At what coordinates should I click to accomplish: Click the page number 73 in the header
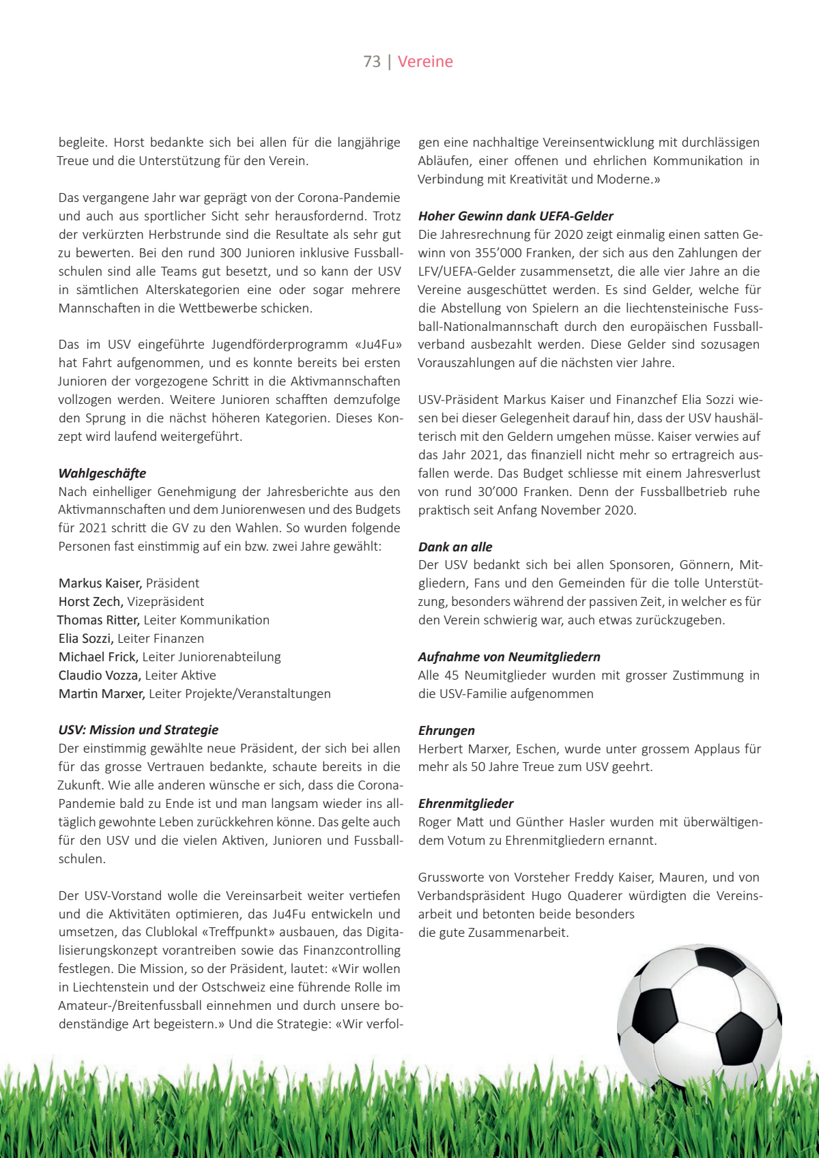(372, 61)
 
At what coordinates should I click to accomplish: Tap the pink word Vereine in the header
(425, 61)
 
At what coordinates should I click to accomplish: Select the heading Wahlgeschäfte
(102, 473)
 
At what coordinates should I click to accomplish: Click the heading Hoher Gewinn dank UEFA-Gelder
(515, 216)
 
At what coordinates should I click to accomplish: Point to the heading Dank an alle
(455, 547)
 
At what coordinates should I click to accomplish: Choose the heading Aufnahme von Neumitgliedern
(509, 656)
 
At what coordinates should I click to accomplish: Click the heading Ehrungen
(446, 730)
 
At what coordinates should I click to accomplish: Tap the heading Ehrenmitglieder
(465, 803)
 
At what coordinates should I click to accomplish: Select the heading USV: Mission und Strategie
(139, 729)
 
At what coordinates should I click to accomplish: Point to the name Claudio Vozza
(100, 675)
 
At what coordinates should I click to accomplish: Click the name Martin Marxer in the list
(102, 693)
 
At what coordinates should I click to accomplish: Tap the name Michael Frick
(98, 656)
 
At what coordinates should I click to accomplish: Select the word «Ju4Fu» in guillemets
(377, 344)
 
